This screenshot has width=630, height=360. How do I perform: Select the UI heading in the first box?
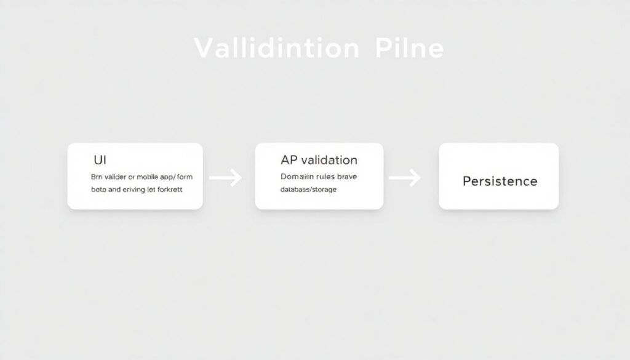click(100, 159)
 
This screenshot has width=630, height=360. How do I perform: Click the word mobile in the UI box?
click(142, 177)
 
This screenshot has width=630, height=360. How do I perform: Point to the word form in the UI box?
click(183, 177)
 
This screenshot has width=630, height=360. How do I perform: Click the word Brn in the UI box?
click(98, 177)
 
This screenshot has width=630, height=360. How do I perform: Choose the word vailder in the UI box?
click(117, 177)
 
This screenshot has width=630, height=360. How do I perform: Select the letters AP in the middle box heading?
click(288, 160)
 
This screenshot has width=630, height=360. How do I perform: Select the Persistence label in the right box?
click(500, 181)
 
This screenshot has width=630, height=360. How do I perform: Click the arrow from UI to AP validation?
click(225, 178)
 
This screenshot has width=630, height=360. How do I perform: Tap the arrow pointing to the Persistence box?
click(405, 178)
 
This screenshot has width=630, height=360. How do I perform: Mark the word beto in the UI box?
click(98, 190)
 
